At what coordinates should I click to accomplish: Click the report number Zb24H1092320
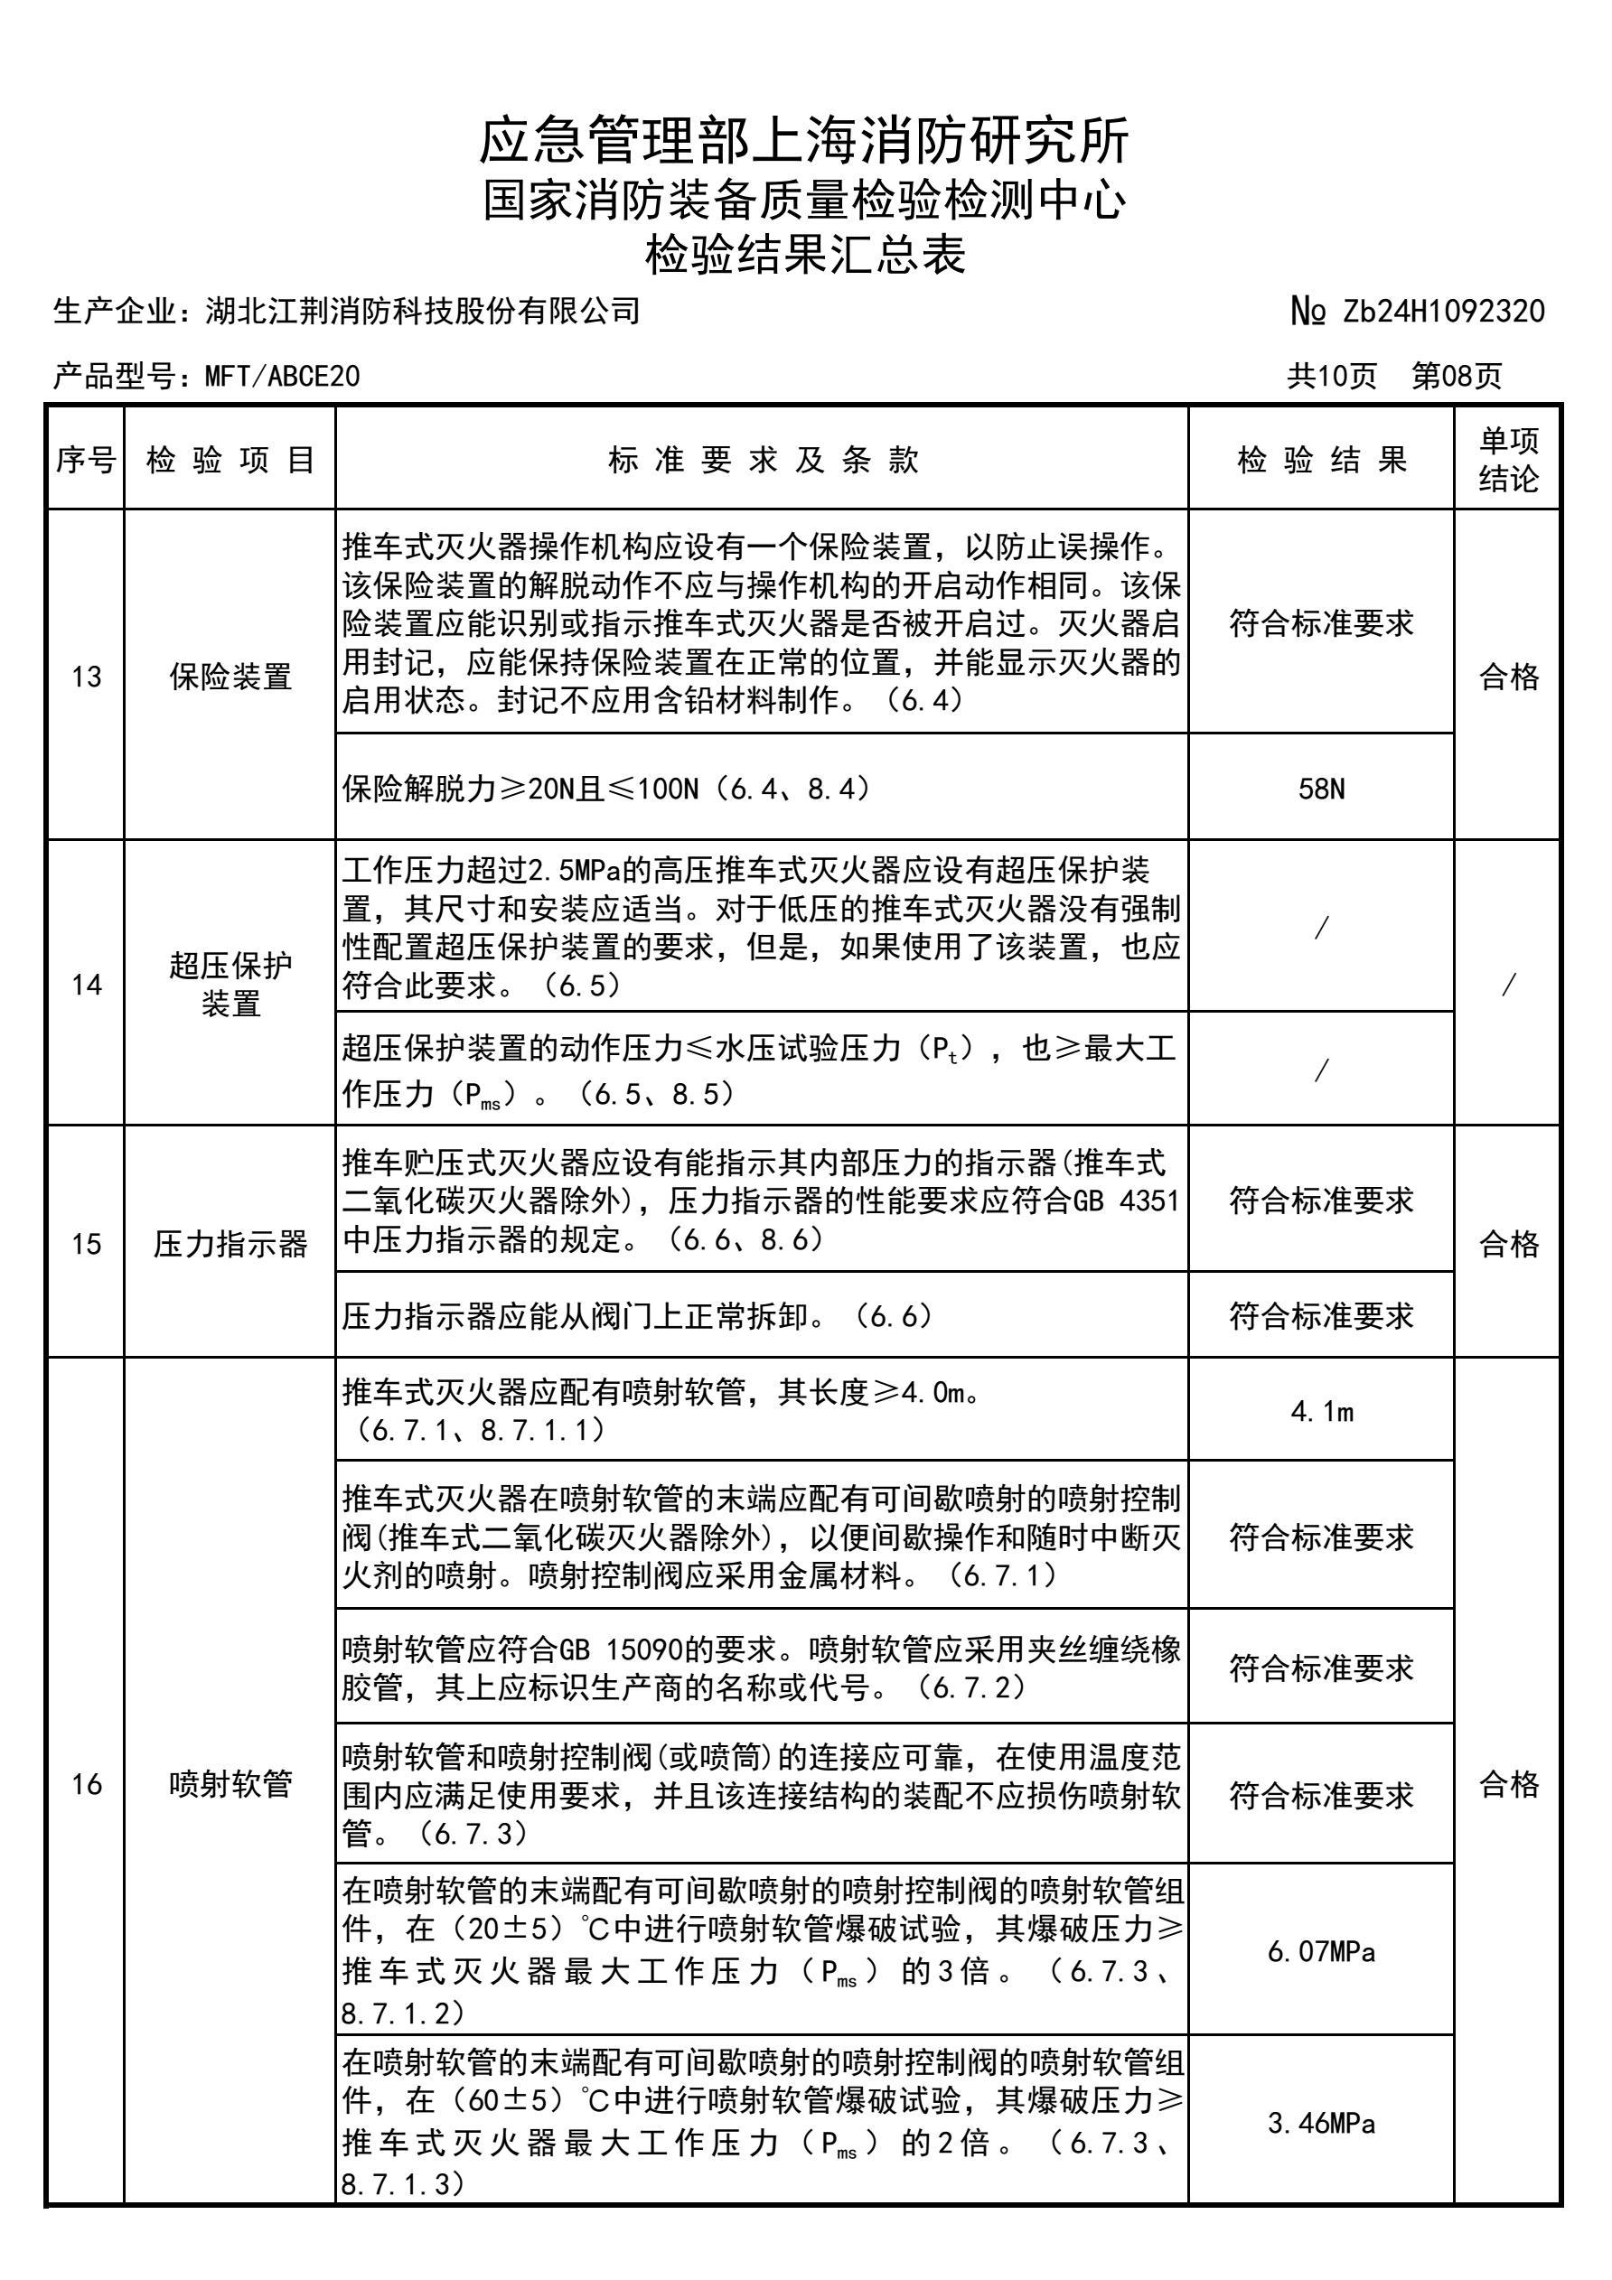(1443, 312)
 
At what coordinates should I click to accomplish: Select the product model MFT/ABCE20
(282, 377)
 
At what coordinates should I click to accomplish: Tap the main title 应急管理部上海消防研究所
(804, 140)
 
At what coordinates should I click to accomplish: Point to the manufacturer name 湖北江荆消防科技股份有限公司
(422, 312)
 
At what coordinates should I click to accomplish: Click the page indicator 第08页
(1457, 377)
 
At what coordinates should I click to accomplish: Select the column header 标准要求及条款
(763, 460)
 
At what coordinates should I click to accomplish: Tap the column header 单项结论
(1508, 460)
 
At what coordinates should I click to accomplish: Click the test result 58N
(1321, 790)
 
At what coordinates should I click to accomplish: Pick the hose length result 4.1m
(1321, 1411)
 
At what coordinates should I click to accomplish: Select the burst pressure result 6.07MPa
(1321, 1951)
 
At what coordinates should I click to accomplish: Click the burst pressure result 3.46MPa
(1321, 2123)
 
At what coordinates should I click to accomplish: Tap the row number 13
(87, 677)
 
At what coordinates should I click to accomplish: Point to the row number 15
(87, 1243)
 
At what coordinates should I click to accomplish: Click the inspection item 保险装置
(230, 677)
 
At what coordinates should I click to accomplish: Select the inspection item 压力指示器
(230, 1243)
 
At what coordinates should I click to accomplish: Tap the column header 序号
(87, 460)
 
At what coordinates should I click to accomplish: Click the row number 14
(87, 984)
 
